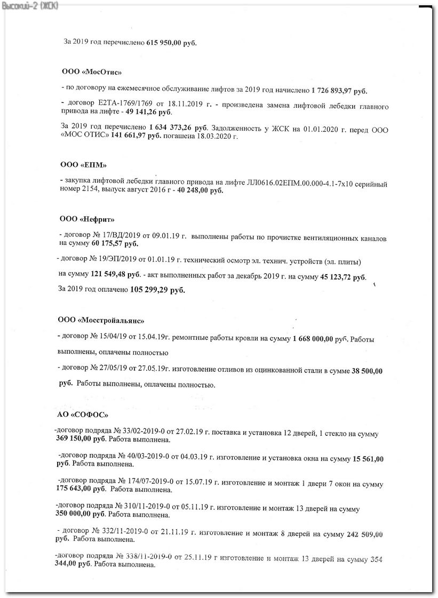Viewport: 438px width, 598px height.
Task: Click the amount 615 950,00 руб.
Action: (x=171, y=42)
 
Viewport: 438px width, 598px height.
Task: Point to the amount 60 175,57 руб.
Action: (x=115, y=244)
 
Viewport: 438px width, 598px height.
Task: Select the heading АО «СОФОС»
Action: (x=82, y=414)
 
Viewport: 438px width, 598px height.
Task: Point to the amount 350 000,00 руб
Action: (x=80, y=515)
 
